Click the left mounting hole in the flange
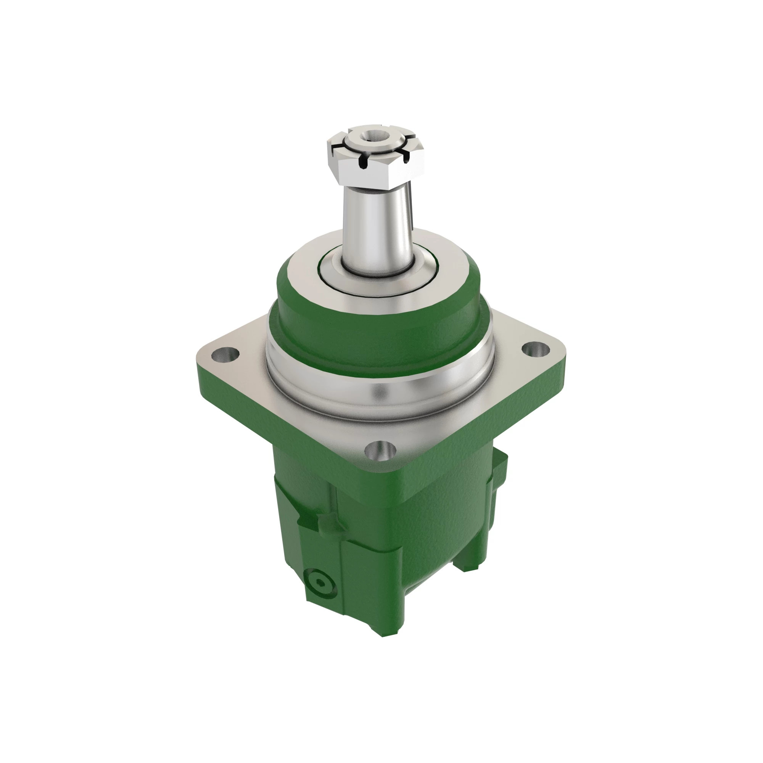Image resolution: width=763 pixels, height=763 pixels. [x=225, y=354]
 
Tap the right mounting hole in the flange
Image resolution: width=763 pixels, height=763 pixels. [x=536, y=349]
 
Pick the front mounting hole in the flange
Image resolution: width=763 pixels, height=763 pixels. [x=380, y=451]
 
